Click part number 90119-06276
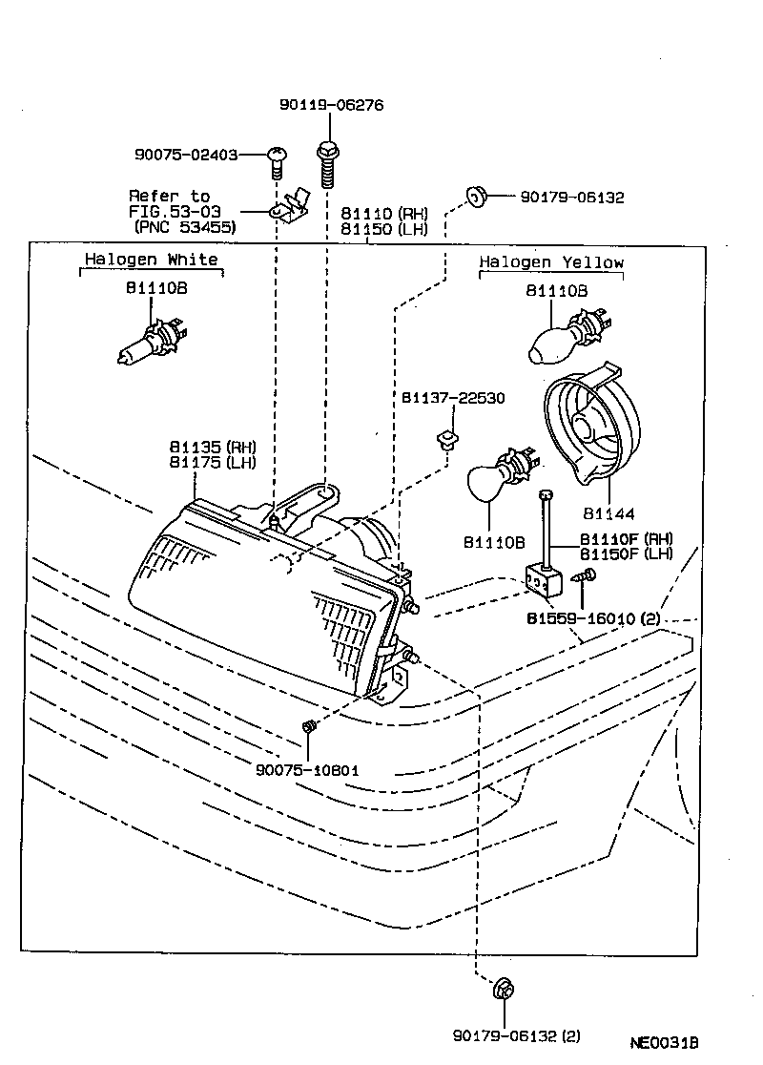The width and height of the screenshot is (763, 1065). [x=331, y=105]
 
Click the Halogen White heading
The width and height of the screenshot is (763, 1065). [x=151, y=260]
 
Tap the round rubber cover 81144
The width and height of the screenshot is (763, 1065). [x=583, y=426]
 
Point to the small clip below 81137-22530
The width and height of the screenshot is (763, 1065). [x=443, y=441]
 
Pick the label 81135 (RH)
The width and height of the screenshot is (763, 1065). [x=213, y=447]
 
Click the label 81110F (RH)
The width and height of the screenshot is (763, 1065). [x=626, y=538]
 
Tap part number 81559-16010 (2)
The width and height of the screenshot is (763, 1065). [x=593, y=618]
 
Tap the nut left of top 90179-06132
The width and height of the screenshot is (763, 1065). [x=475, y=198]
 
